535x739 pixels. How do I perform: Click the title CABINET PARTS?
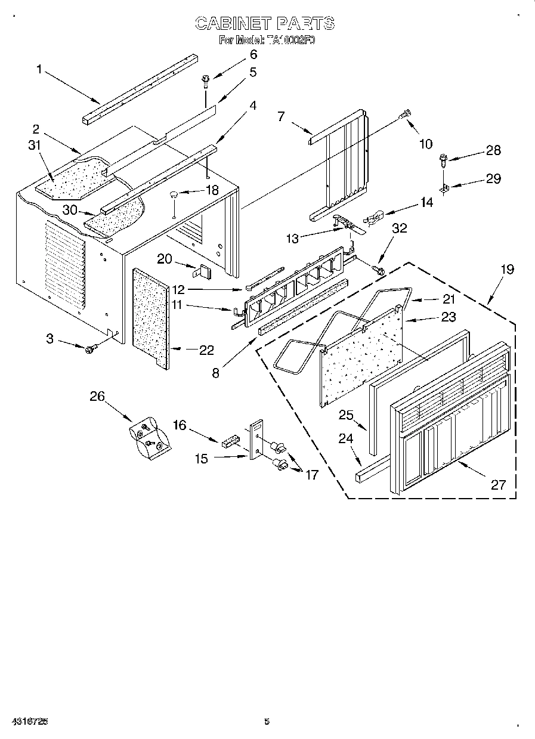point(265,24)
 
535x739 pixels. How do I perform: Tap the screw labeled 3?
point(91,349)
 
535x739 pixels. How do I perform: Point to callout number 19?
point(506,269)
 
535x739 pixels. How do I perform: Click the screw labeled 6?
point(206,79)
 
